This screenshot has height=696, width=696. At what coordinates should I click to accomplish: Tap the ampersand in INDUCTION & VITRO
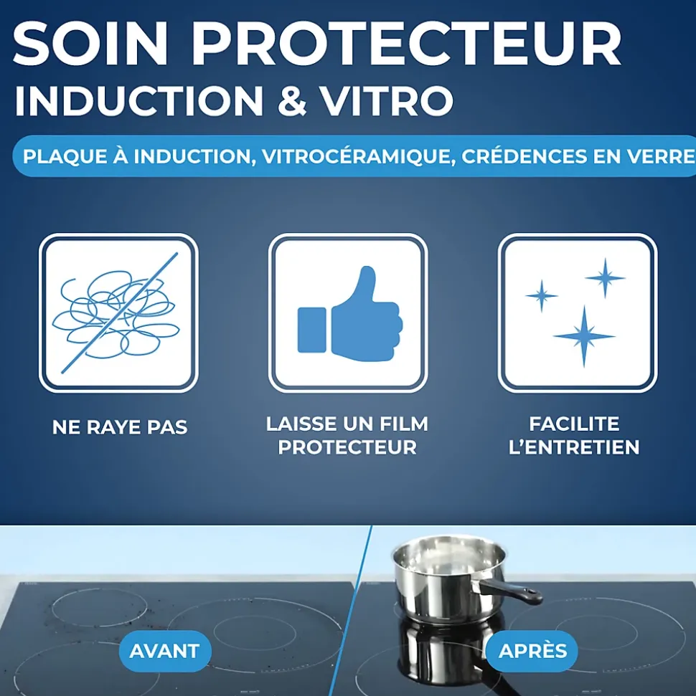pyautogui.click(x=293, y=100)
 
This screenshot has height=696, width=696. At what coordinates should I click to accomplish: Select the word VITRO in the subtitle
pyautogui.click(x=386, y=100)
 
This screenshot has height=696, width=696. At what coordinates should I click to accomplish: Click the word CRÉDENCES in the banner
pyautogui.click(x=521, y=156)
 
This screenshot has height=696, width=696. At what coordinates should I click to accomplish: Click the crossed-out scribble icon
pyautogui.click(x=118, y=313)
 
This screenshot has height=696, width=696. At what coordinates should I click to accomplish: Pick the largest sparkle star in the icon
pyautogui.click(x=584, y=335)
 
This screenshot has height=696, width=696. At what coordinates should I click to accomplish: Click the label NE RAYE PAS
pyautogui.click(x=120, y=428)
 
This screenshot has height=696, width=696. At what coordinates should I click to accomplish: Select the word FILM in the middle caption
pyautogui.click(x=405, y=424)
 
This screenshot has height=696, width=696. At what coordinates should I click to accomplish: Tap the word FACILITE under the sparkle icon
pyautogui.click(x=574, y=424)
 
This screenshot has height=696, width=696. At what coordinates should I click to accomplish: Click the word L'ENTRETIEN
pyautogui.click(x=574, y=447)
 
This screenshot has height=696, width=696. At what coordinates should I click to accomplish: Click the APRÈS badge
pyautogui.click(x=532, y=651)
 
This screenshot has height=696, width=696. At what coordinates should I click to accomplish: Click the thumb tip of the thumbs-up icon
pyautogui.click(x=367, y=273)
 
